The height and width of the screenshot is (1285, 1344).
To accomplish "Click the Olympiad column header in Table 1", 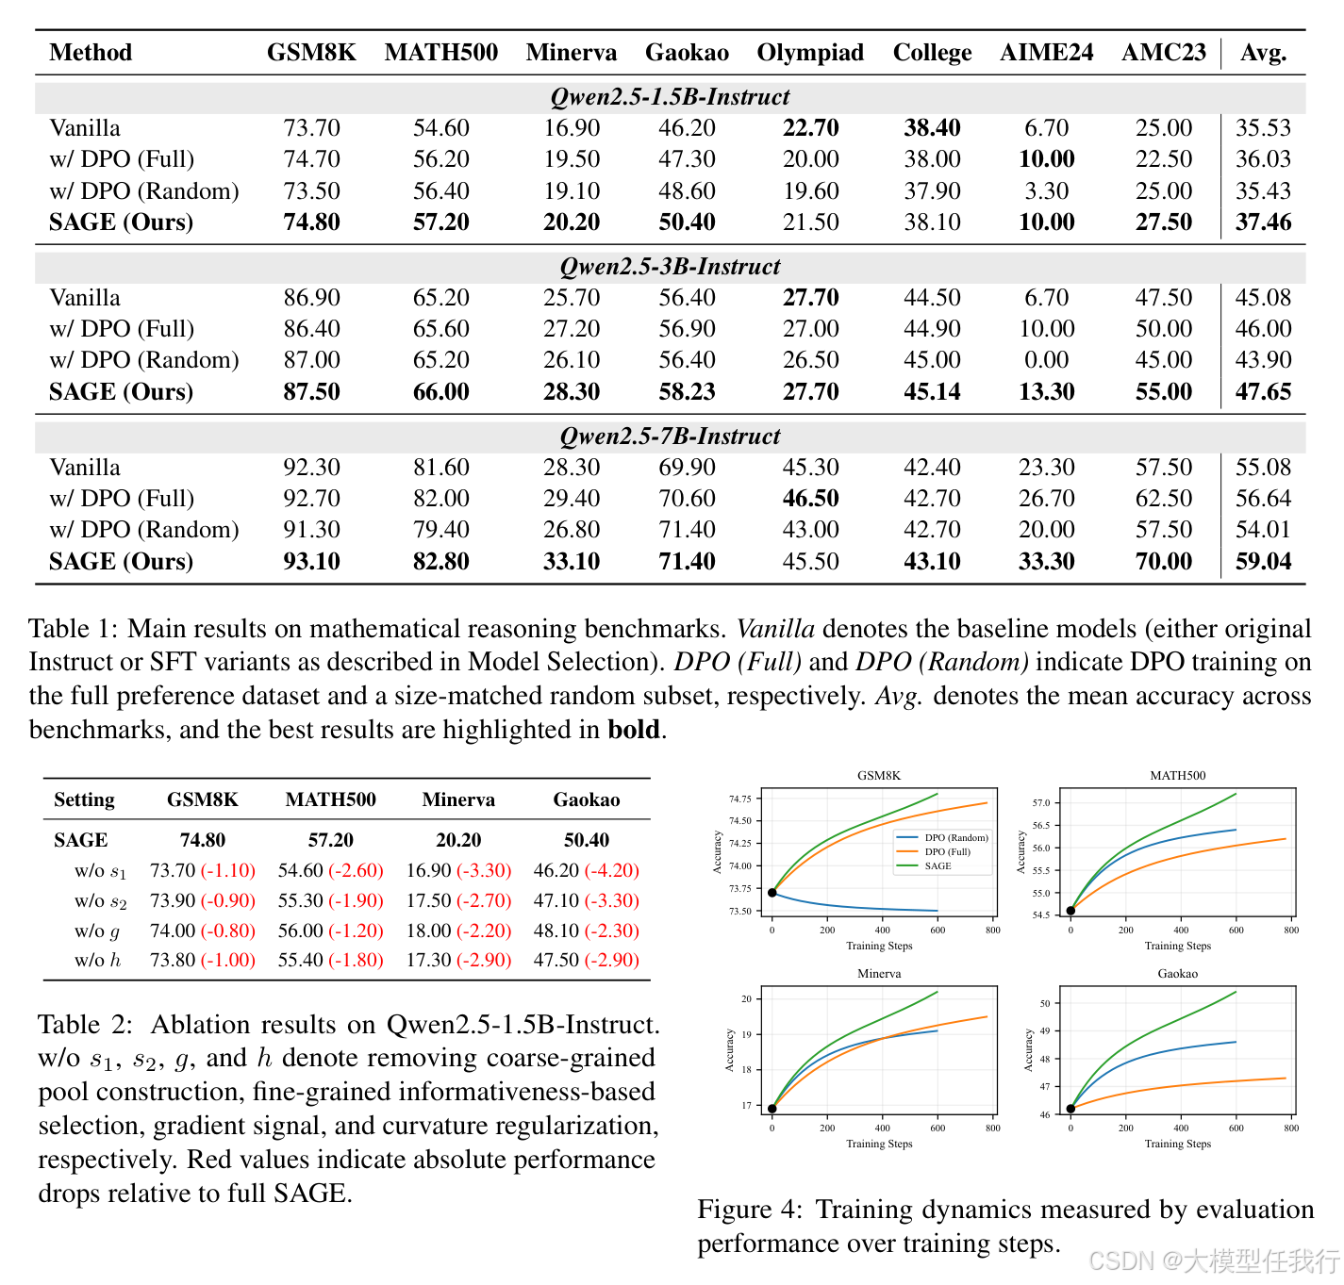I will pyautogui.click(x=810, y=53).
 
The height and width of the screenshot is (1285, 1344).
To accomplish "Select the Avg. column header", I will pyautogui.click(x=1263, y=53).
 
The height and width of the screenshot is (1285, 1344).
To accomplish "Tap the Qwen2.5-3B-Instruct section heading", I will pyautogui.click(x=670, y=267).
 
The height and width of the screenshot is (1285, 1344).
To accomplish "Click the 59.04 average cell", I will pyautogui.click(x=1263, y=562).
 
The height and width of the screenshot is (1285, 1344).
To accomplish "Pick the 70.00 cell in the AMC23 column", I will pyautogui.click(x=1163, y=562).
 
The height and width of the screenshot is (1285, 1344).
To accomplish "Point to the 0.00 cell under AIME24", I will pyautogui.click(x=1046, y=360).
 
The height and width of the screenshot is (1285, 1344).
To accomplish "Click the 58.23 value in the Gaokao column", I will pyautogui.click(x=687, y=392).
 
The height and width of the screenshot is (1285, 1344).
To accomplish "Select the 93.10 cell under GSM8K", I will pyautogui.click(x=311, y=562).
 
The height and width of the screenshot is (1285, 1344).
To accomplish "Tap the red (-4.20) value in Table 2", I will pyautogui.click(x=611, y=871).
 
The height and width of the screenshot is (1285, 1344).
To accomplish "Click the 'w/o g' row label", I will pyautogui.click(x=97, y=931).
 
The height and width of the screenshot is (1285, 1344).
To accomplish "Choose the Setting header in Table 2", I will pyautogui.click(x=84, y=800).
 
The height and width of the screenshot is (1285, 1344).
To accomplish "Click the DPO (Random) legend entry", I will pyautogui.click(x=955, y=837).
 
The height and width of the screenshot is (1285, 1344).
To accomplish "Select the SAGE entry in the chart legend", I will pyautogui.click(x=937, y=865).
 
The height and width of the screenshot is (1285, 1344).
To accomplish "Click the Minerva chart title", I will pyautogui.click(x=879, y=974).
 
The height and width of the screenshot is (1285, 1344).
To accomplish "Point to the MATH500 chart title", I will pyautogui.click(x=1177, y=776).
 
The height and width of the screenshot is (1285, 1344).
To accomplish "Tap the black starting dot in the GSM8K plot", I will pyautogui.click(x=772, y=893).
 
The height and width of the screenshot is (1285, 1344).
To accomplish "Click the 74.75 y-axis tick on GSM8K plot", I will pyautogui.click(x=739, y=799).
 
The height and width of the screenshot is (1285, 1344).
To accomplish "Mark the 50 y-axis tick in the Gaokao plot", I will pyautogui.click(x=1044, y=1003).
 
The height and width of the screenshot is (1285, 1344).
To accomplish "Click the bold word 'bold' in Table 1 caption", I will pyautogui.click(x=633, y=730).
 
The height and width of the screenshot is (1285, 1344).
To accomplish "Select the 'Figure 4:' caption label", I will pyautogui.click(x=749, y=1210).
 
